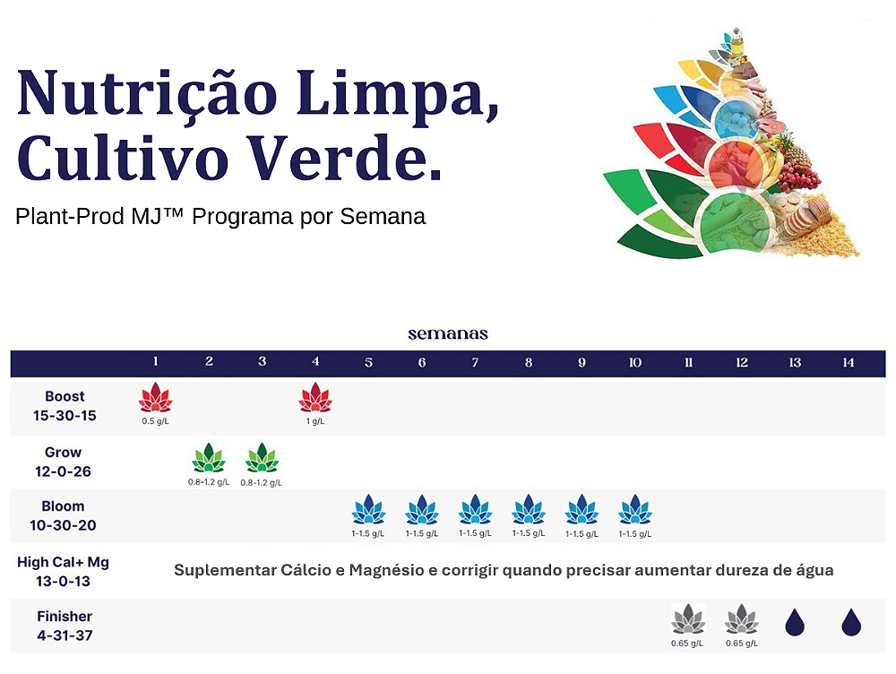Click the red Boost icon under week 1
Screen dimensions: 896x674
[155, 398]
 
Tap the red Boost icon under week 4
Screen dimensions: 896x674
[315, 398]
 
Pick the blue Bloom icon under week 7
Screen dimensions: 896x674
[475, 509]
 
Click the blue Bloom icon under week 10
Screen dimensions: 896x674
[635, 509]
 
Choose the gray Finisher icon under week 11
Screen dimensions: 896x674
[688, 618]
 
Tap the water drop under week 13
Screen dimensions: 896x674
[795, 622]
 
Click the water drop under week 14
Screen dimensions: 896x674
[851, 622]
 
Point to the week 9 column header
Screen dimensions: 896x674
[582, 362]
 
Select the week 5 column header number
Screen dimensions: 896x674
[368, 362]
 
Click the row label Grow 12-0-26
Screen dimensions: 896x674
[63, 462]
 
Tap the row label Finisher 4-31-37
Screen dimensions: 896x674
[65, 626]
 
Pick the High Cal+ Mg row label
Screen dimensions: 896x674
[63, 572]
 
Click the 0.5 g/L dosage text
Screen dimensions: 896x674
[155, 421]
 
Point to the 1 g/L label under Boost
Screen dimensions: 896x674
[315, 421]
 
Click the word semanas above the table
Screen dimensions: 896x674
[448, 333]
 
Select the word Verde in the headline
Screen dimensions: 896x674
[338, 158]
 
